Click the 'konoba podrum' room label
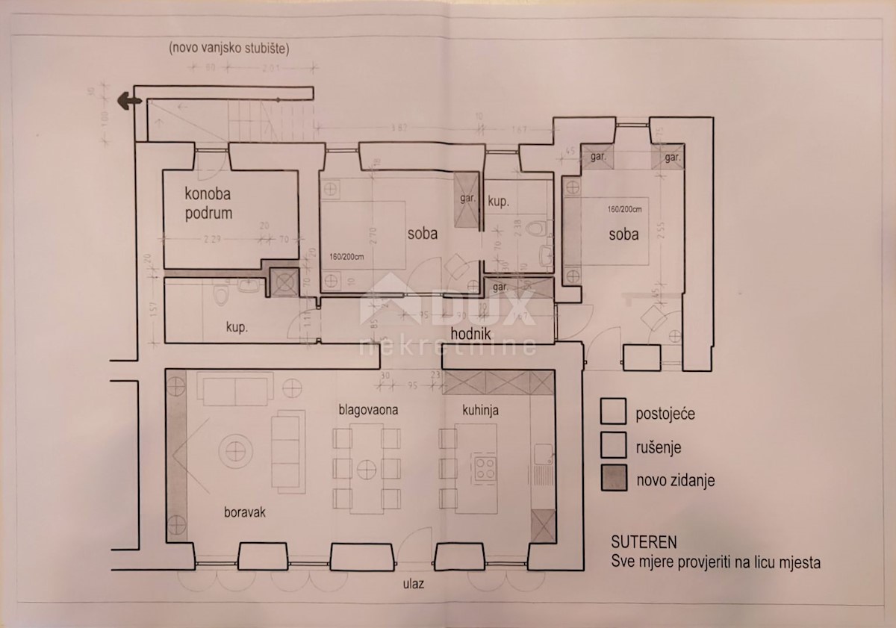click(208, 203)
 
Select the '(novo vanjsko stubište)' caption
click(229, 49)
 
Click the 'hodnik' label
click(470, 333)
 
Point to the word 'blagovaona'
click(368, 409)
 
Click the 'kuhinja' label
click(479, 410)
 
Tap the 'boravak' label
click(246, 513)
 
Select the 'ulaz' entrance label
click(411, 583)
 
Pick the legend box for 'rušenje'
click(613, 447)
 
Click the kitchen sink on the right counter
click(542, 453)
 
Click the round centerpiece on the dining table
click(366, 469)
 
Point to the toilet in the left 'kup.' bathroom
click(219, 298)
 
